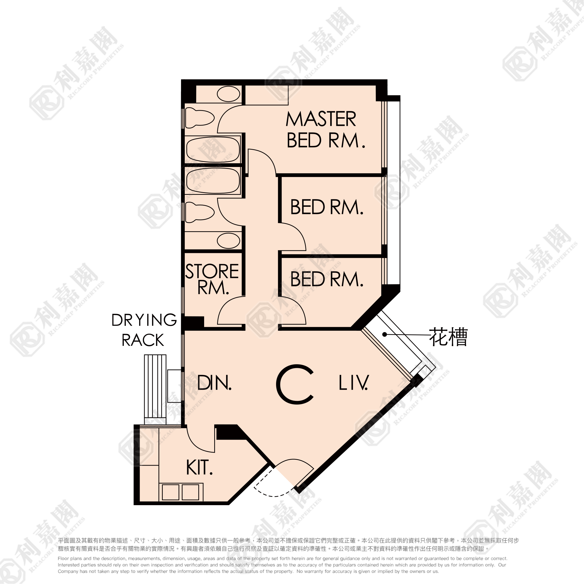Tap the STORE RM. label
click(212, 279)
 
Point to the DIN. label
click(214, 383)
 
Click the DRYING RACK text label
click(144, 330)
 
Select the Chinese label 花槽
click(448, 336)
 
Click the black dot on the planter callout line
click(384, 334)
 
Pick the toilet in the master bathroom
click(200, 118)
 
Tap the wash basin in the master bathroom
click(229, 94)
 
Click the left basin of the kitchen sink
click(170, 492)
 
